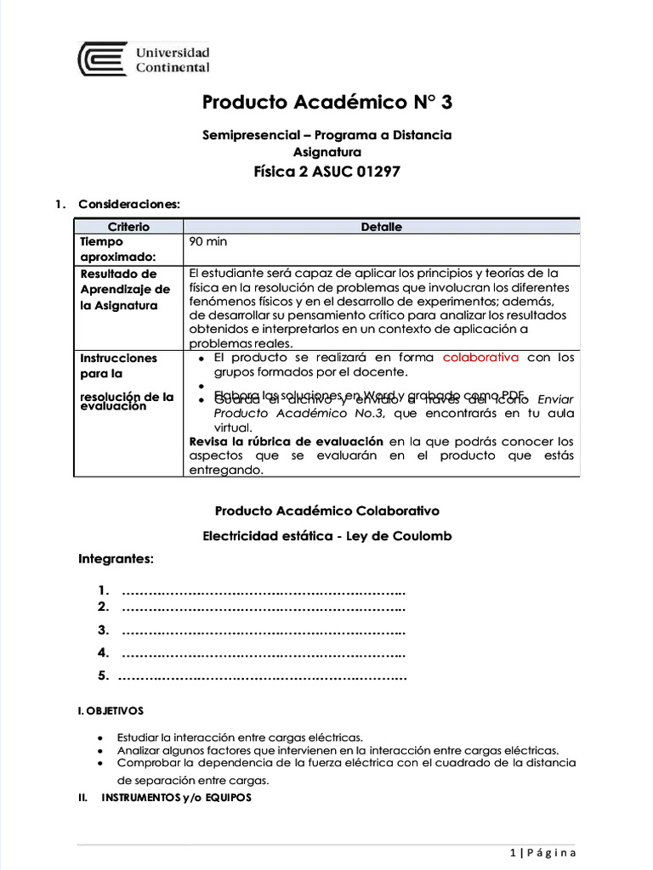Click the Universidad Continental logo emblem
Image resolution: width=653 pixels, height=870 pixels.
coord(102,59)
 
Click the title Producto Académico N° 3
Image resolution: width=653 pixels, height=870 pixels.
coord(327,103)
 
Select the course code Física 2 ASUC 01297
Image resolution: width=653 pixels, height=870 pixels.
coord(327,172)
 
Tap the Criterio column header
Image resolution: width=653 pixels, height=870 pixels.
coord(128,227)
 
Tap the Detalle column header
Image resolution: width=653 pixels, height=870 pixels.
coord(382,227)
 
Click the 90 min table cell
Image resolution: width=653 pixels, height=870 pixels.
coord(208,242)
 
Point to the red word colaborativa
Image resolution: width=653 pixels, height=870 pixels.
coord(480,358)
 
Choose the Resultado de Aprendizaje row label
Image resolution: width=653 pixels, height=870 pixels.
coord(119,289)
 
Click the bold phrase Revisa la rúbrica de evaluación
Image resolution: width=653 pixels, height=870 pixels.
coord(286,442)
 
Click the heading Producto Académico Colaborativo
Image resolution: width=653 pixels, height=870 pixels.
coord(327,511)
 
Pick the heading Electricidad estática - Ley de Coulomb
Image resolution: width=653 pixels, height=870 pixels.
coord(327,536)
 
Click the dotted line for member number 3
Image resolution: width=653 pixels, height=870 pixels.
coord(264,630)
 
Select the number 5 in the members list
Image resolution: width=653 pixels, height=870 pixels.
coord(103,676)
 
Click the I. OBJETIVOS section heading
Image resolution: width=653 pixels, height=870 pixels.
coord(111,710)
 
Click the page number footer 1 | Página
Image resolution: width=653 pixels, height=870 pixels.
coord(543,853)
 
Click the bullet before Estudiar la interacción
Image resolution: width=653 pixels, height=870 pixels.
coord(102,737)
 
